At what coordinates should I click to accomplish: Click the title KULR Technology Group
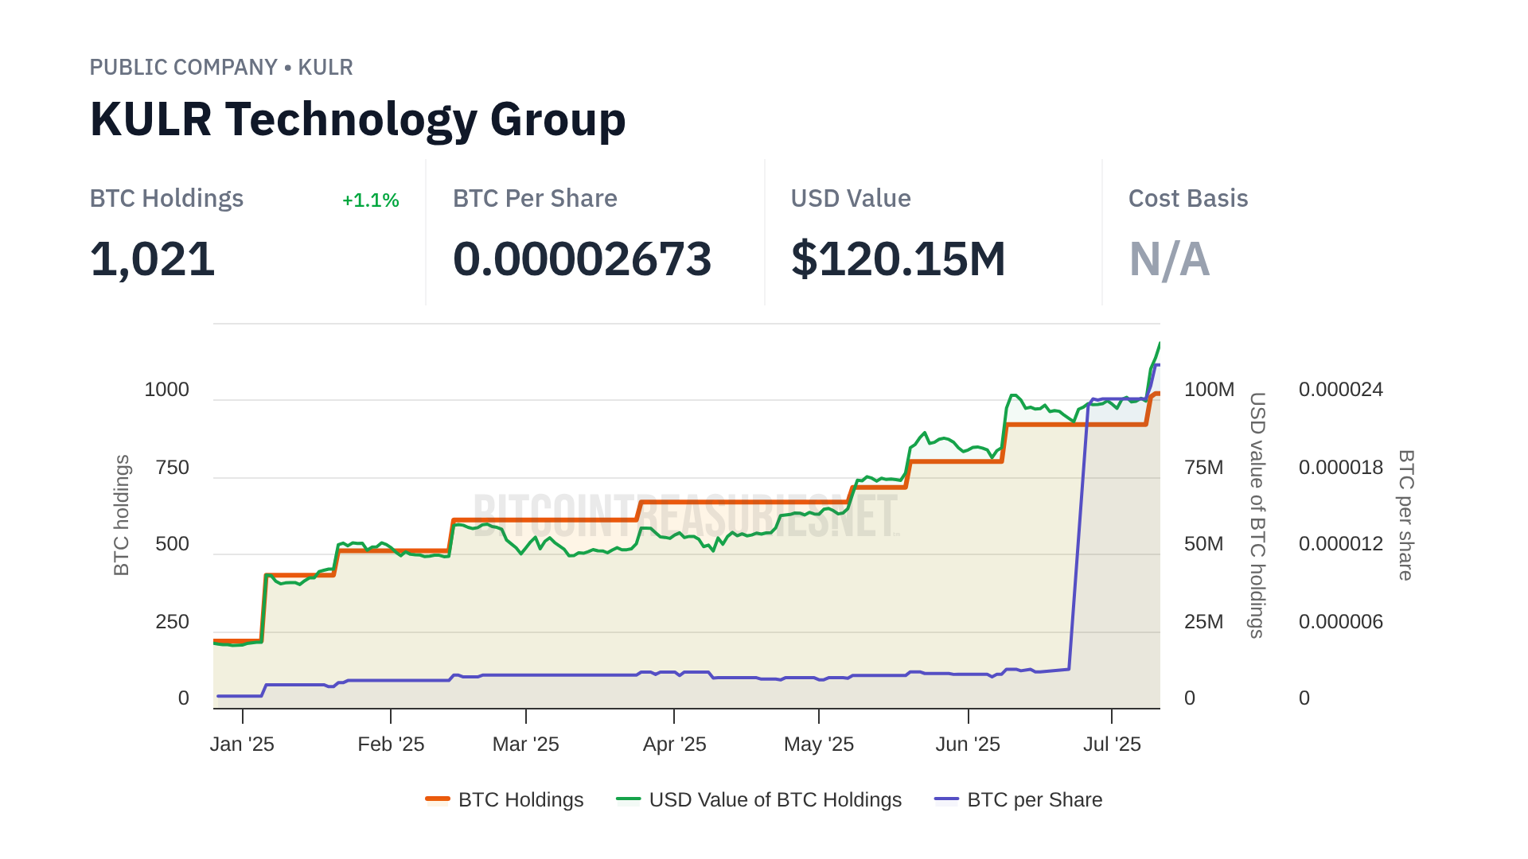(357, 120)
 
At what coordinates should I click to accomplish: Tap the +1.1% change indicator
(370, 200)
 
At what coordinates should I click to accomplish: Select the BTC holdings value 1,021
(152, 259)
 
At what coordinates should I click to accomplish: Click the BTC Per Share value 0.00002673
(582, 259)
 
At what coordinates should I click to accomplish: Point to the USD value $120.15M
(898, 259)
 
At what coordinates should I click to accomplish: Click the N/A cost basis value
(1169, 259)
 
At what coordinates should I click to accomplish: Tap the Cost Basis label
(1187, 199)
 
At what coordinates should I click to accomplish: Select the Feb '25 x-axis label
(391, 744)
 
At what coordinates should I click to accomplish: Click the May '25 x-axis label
(818, 744)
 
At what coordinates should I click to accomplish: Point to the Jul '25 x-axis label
(1112, 744)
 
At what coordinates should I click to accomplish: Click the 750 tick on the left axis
(173, 468)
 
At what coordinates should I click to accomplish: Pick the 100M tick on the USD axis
(1209, 390)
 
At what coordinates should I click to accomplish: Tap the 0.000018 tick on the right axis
(1340, 468)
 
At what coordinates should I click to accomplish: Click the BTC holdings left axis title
(122, 515)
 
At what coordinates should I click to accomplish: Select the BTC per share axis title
(1406, 515)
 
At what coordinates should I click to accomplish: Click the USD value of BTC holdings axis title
(1257, 515)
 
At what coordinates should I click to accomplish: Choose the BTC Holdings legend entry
(505, 800)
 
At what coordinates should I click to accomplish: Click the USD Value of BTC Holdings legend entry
(759, 800)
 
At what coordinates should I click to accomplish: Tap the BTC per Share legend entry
(1019, 800)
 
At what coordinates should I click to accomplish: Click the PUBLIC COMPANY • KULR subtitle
(221, 68)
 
